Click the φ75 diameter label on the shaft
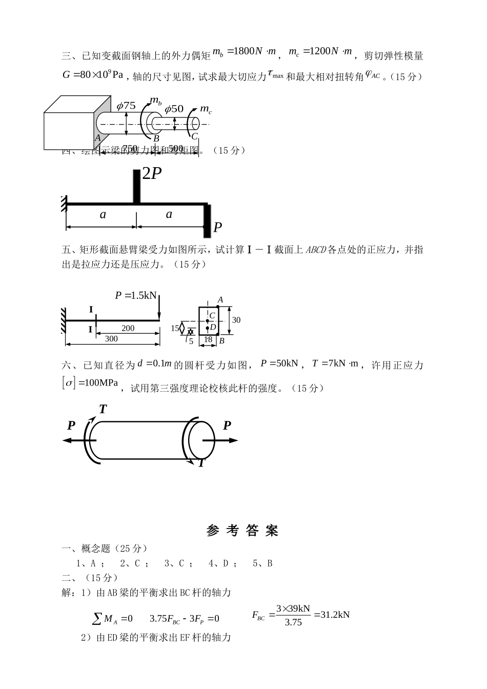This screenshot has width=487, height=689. [126, 106]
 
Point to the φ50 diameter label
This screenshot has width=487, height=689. [174, 109]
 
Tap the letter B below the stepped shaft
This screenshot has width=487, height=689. [156, 138]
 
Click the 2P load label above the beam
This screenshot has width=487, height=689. [152, 174]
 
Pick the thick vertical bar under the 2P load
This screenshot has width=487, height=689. [136, 186]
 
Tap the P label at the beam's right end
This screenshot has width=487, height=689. [217, 227]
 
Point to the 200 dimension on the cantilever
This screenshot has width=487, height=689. [128, 328]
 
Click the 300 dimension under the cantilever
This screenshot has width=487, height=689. [111, 338]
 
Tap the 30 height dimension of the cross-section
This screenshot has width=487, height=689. [236, 320]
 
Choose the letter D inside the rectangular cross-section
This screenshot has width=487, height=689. [213, 327]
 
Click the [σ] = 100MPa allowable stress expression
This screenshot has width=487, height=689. [90, 383]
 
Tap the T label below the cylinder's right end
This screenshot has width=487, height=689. [201, 463]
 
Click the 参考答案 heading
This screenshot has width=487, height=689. [242, 531]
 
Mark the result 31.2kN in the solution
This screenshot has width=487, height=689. [332, 614]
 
